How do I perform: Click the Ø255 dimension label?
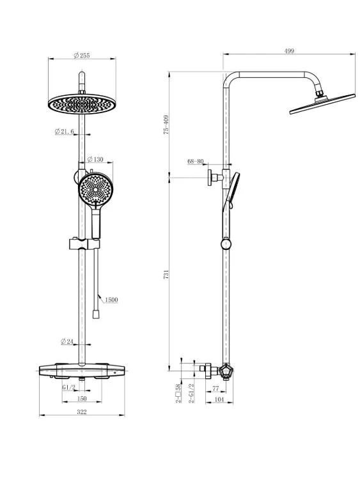pyautogui.click(x=82, y=55)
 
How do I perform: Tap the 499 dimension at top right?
pyautogui.click(x=289, y=51)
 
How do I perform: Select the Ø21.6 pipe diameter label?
pyautogui.click(x=65, y=132)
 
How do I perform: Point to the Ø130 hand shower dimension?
pyautogui.click(x=95, y=159)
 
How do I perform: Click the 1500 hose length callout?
pyautogui.click(x=111, y=300)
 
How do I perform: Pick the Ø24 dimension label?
pyautogui.click(x=67, y=341)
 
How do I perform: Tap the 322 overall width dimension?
pyautogui.click(x=82, y=412)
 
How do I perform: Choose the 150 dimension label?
pyautogui.click(x=82, y=398)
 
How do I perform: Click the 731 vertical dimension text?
pyautogui.click(x=166, y=274)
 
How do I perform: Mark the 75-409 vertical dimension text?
pyautogui.click(x=166, y=125)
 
